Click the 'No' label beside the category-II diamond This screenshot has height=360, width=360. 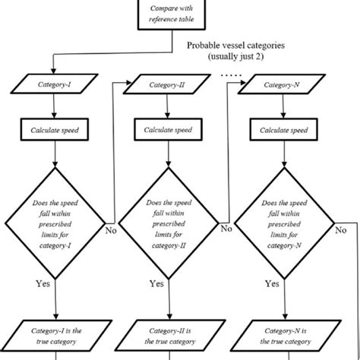point(225,227)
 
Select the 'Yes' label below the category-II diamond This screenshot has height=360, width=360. point(156,283)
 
